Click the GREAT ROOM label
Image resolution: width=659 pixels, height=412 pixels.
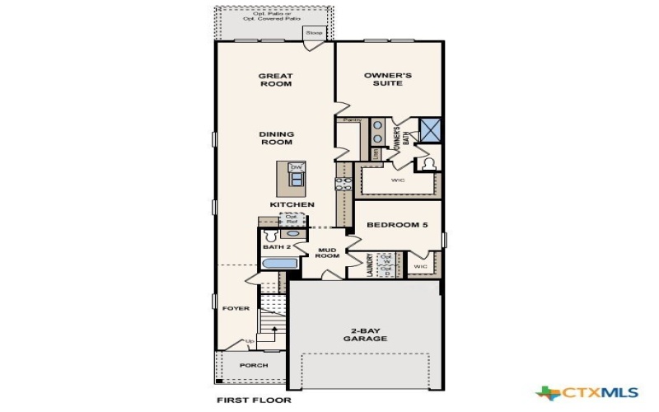[276, 80]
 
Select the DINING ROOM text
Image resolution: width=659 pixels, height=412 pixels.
[276, 138]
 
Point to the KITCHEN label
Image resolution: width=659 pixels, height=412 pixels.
[292, 204]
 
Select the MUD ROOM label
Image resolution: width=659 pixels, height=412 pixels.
[328, 253]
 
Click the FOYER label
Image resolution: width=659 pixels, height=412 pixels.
[235, 308]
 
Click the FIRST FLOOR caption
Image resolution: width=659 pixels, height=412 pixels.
[254, 400]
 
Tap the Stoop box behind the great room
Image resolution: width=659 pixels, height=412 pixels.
[315, 33]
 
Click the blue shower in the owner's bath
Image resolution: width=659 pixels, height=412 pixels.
[430, 129]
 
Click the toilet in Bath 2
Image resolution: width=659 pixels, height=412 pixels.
[267, 235]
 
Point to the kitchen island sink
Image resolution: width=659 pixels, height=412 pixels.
[297, 179]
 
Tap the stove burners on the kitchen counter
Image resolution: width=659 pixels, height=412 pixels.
[338, 185]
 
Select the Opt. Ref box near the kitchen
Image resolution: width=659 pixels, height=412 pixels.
[292, 218]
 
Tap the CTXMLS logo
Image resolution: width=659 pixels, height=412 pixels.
[578, 392]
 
